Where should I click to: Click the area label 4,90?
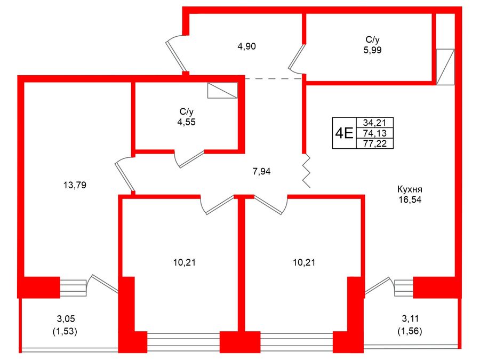point(246,46)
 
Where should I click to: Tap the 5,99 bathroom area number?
point(373,50)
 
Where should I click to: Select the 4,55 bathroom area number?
point(186,122)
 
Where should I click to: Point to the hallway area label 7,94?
point(261,171)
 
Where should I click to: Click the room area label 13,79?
point(75,185)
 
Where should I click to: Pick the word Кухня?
point(410,189)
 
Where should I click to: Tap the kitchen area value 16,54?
point(410,199)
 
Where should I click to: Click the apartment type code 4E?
point(345,133)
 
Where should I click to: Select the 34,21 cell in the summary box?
point(375,123)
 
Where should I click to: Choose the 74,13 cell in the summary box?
point(375,133)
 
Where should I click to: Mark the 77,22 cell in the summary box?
point(375,143)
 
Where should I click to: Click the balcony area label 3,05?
point(66,319)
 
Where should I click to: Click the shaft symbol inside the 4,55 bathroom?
point(222,90)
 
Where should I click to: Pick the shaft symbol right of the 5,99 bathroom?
point(445,67)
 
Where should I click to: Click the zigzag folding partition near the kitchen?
point(307,171)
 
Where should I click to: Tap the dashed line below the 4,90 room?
point(274,79)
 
